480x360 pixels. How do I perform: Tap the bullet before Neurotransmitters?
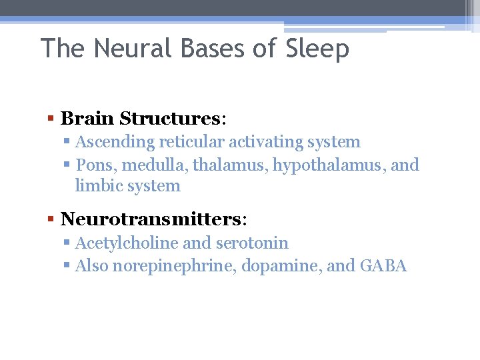(51, 220)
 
